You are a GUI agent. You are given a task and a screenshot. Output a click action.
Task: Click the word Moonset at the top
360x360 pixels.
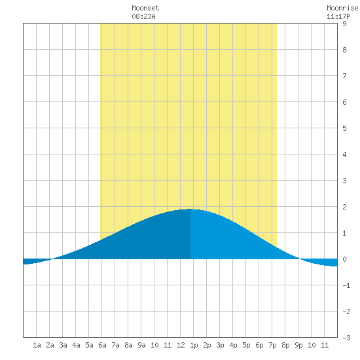click(145, 8)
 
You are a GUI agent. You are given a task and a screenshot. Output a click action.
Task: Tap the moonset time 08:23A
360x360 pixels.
click(143, 16)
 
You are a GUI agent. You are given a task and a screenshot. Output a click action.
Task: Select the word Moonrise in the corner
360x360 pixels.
click(342, 8)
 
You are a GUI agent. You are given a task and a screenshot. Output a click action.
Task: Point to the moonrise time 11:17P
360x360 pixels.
click(338, 16)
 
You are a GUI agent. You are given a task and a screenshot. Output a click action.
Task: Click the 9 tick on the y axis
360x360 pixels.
click(344, 24)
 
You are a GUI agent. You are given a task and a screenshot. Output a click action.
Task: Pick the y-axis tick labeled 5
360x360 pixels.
click(344, 128)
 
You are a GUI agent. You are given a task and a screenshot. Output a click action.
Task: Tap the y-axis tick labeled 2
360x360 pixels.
click(344, 207)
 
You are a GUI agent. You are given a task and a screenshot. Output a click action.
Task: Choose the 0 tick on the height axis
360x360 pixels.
click(344, 259)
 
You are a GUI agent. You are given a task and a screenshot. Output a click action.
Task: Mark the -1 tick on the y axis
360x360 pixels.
click(346, 285)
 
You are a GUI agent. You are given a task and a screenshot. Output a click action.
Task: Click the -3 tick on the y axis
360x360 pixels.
click(346, 338)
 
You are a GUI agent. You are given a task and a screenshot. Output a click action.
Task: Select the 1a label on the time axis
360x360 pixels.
click(37, 345)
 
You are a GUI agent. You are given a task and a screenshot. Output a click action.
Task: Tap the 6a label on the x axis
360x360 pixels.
click(102, 345)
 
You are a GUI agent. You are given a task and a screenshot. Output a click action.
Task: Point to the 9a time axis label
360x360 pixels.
click(141, 345)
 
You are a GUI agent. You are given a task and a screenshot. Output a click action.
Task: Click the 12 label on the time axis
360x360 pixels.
click(181, 345)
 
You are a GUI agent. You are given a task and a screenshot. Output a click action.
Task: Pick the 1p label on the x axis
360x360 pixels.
click(194, 345)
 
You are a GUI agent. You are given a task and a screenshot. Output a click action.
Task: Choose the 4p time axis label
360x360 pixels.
click(233, 345)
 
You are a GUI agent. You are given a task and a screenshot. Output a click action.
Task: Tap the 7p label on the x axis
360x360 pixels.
click(272, 345)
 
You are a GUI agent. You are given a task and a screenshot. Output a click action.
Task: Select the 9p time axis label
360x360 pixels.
click(298, 345)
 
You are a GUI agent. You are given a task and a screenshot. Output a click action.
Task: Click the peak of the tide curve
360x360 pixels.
click(190, 209)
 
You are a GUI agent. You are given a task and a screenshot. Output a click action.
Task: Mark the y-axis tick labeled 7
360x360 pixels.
click(344, 76)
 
